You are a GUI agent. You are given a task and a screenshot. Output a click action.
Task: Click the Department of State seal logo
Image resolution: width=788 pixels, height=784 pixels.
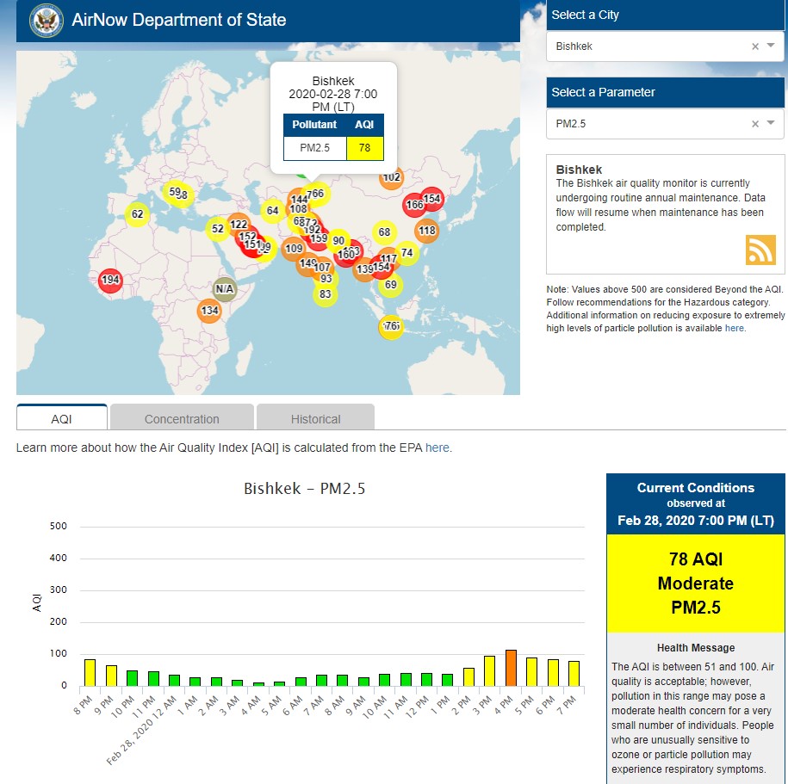[x=44, y=21]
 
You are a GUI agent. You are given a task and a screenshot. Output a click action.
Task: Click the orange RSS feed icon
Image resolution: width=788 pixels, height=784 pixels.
[x=760, y=250]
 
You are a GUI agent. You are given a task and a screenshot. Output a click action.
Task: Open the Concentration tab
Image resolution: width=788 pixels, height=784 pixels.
[x=182, y=418]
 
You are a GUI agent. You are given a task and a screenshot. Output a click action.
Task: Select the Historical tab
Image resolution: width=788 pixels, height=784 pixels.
[x=315, y=418]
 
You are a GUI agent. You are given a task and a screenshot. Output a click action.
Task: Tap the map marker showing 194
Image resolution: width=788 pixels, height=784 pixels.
[x=110, y=280]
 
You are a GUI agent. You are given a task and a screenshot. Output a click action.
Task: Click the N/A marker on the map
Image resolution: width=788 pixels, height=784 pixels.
[x=225, y=288]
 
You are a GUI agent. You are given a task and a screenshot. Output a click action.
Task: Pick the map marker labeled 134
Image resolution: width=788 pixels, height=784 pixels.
[x=209, y=311]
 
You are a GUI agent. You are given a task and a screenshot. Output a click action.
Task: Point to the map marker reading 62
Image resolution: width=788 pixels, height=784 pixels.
[x=138, y=213]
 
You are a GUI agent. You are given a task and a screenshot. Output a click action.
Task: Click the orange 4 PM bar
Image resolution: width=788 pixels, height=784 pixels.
[x=510, y=668]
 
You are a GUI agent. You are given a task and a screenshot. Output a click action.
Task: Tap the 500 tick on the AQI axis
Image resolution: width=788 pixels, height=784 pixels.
[x=59, y=526]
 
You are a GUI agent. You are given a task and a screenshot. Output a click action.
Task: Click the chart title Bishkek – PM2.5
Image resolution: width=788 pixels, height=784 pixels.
[x=304, y=489]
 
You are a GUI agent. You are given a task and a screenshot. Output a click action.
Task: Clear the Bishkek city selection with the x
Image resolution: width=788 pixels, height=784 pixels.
[x=755, y=46]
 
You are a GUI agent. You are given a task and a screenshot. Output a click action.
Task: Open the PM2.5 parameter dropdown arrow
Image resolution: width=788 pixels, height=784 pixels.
[x=772, y=123]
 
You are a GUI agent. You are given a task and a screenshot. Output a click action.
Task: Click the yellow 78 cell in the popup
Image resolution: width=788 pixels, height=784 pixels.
[x=365, y=148]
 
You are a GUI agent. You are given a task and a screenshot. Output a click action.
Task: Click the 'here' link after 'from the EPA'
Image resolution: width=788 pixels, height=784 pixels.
[x=437, y=448]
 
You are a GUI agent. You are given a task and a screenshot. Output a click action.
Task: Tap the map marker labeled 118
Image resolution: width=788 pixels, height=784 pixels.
[x=427, y=231]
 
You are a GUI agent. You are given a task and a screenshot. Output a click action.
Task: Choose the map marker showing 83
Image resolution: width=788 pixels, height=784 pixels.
[x=325, y=294]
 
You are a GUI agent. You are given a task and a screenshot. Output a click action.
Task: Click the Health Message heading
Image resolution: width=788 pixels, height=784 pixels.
[x=696, y=647]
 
